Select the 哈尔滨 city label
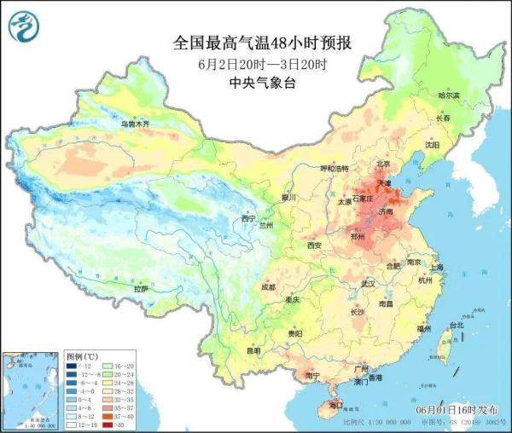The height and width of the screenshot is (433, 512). tap(448, 95)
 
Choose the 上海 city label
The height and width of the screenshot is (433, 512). tap(437, 267)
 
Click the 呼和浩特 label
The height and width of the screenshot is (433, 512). tap(335, 169)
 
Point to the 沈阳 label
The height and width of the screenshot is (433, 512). tap(436, 145)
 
